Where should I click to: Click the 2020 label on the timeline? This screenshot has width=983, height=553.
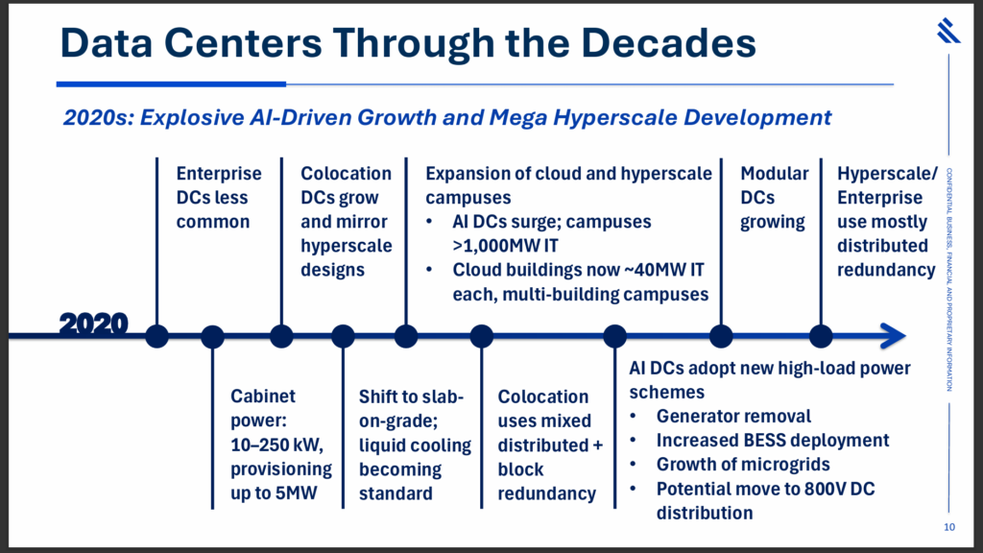(x=93, y=324)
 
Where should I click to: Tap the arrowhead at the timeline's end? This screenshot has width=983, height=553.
(x=894, y=336)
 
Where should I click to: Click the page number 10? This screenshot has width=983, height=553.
(x=949, y=527)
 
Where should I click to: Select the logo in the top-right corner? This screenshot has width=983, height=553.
(x=948, y=31)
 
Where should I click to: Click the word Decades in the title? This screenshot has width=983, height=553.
(x=668, y=42)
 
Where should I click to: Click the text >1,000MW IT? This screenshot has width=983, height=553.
(x=505, y=246)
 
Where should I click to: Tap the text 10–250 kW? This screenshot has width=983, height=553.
(x=276, y=445)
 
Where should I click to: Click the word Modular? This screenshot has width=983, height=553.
(x=775, y=174)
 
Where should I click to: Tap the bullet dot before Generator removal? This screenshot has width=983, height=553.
(x=634, y=417)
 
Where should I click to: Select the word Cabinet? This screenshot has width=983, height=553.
(x=263, y=397)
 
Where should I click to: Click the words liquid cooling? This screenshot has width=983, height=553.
(x=415, y=445)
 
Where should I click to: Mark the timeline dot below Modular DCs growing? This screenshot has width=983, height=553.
(x=721, y=336)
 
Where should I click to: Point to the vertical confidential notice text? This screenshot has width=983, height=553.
(x=949, y=279)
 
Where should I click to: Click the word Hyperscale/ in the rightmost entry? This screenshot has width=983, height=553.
(x=887, y=174)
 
